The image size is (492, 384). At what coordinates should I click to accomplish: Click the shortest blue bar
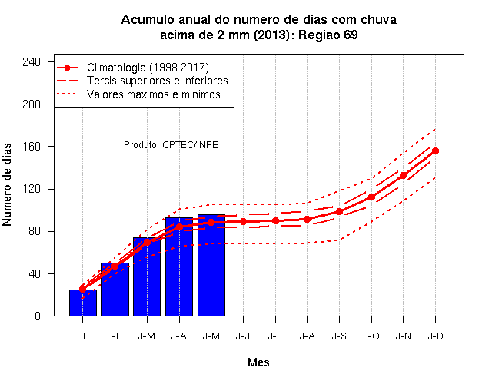[x=83, y=303]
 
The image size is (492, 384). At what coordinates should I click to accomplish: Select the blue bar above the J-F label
[x=115, y=289]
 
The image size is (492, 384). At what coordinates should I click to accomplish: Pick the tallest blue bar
[x=211, y=265]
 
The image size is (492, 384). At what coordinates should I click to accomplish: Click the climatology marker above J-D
[x=435, y=151]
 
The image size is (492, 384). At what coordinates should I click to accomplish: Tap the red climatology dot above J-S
[x=339, y=212]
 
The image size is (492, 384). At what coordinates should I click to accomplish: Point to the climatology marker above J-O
[x=371, y=197]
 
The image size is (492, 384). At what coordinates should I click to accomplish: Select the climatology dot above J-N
[x=403, y=176]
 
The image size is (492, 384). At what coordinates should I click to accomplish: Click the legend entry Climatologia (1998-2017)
[x=148, y=68]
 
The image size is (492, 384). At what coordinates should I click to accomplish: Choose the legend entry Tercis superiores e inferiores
[x=157, y=81]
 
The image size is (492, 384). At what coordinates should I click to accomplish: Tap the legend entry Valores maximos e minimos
[x=154, y=94]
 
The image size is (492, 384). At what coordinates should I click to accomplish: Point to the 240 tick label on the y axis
[x=32, y=61]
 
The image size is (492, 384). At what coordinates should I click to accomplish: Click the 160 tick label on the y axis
[x=32, y=147]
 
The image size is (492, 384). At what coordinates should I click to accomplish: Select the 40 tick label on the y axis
[x=35, y=273]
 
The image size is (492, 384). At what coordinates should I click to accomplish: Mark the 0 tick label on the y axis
[x=38, y=316]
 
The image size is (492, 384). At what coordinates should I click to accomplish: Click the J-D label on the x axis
[x=436, y=336]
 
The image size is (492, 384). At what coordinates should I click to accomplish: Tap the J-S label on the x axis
[x=339, y=336]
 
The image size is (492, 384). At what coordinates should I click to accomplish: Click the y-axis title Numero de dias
[x=7, y=184]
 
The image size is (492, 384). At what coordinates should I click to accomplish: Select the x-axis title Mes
[x=258, y=362]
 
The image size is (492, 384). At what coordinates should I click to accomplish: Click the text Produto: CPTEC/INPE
[x=171, y=145]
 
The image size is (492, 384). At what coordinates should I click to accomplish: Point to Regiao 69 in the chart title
[x=328, y=35]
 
